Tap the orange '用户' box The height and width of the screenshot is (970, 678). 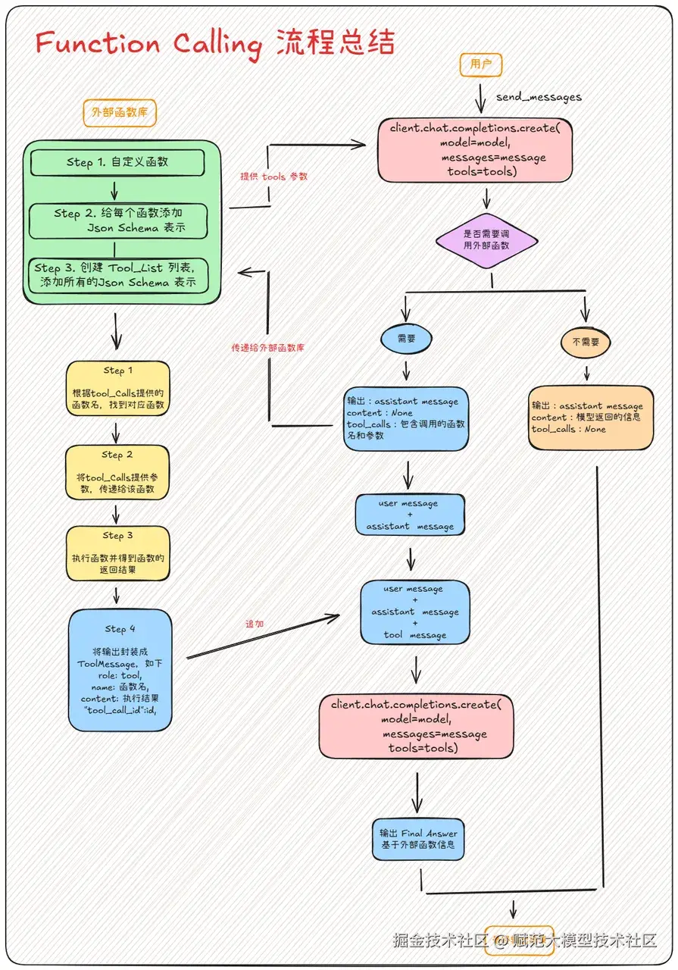tap(481, 65)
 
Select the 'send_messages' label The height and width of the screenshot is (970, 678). tap(539, 97)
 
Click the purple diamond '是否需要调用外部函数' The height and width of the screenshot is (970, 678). tap(486, 241)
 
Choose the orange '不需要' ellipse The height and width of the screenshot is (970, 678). tap(586, 343)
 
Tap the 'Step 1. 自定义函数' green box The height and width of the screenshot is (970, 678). tap(117, 162)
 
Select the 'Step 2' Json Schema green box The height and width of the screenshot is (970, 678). tap(117, 221)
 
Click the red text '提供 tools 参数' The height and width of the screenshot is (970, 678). tap(274, 177)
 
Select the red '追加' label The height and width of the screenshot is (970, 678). tap(255, 624)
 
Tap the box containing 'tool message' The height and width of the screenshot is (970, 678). tap(414, 612)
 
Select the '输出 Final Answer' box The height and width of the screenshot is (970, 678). tap(418, 839)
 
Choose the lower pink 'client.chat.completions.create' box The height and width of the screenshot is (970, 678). tap(416, 727)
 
